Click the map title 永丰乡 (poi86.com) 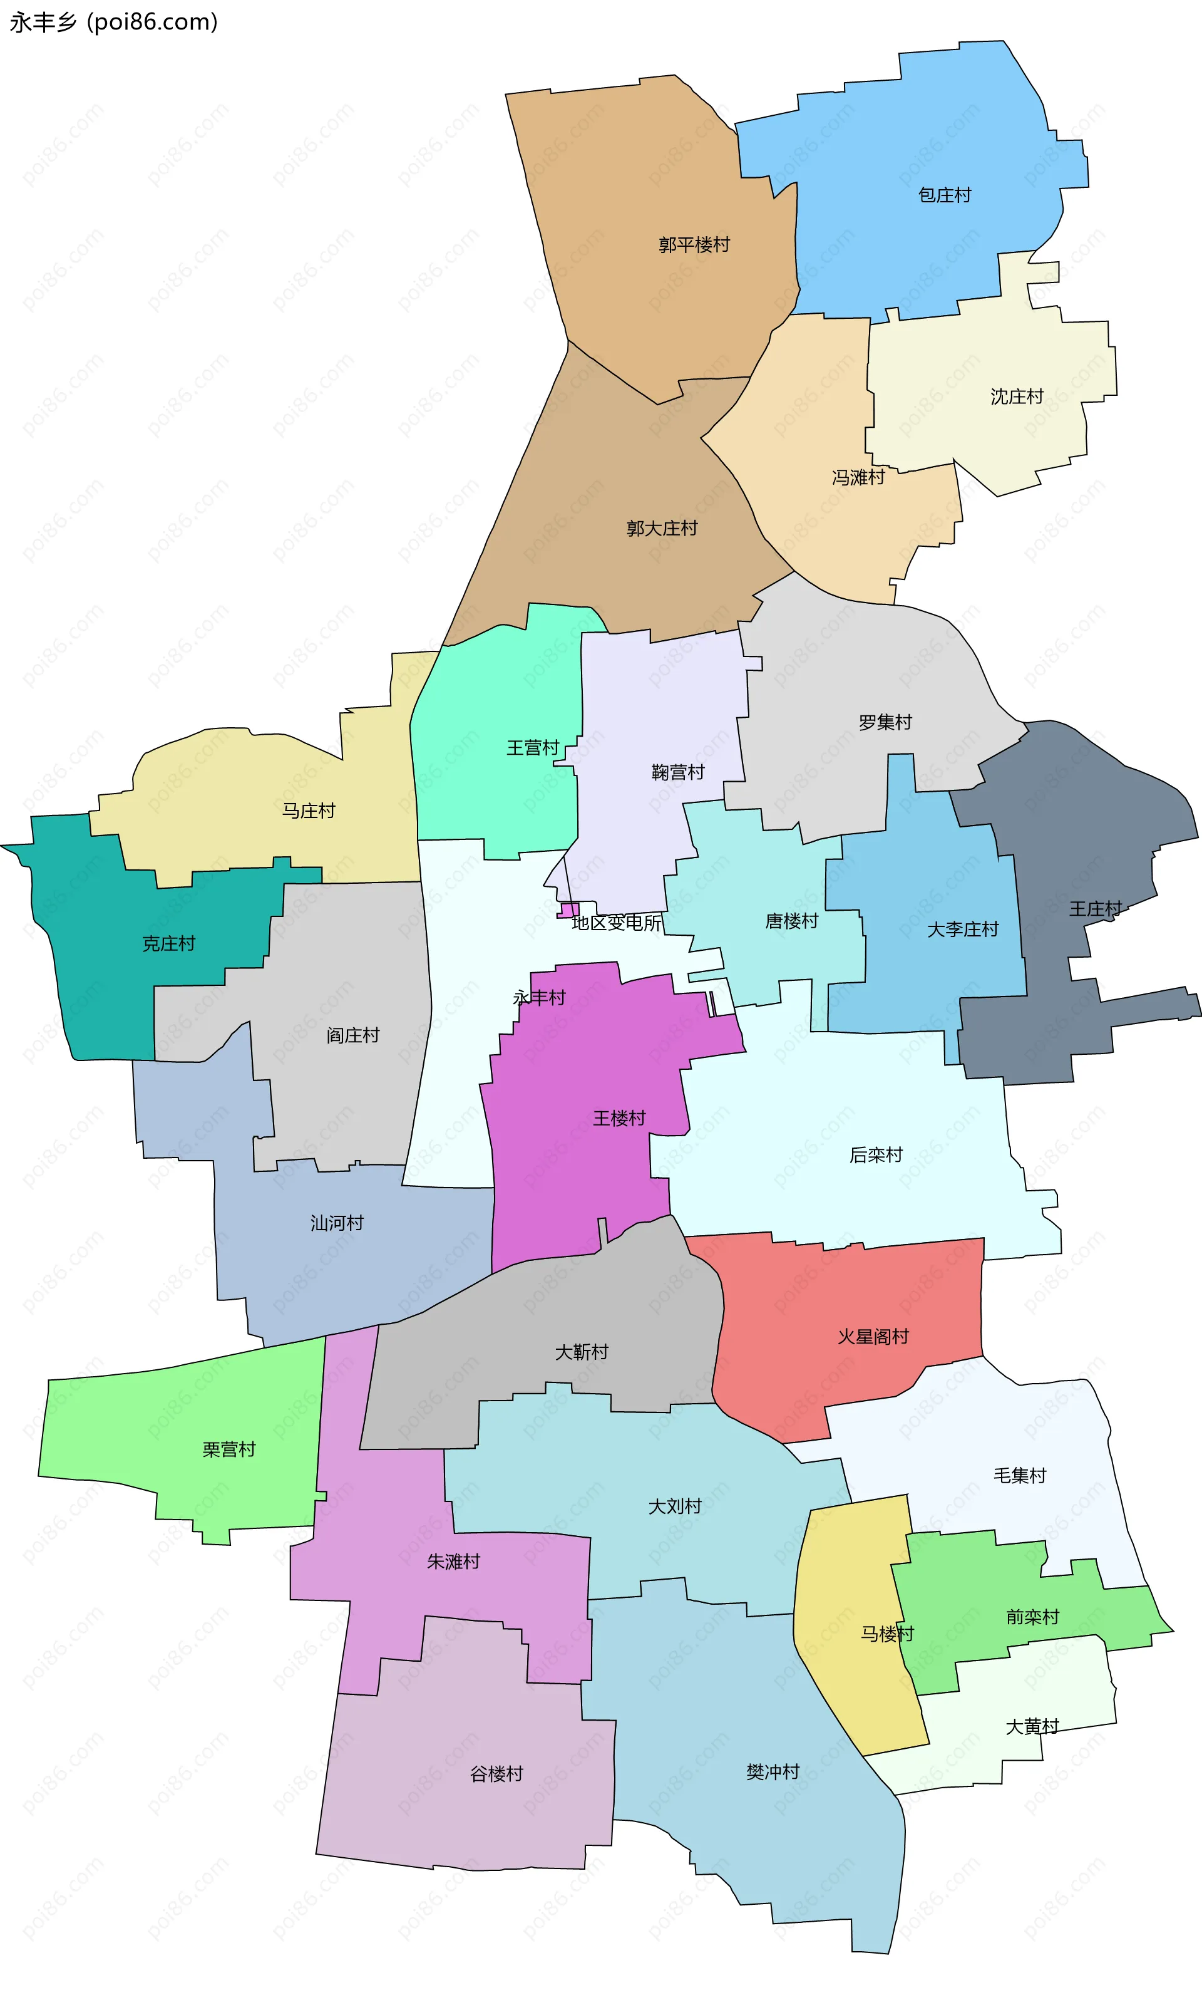pos(113,22)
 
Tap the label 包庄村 pos(944,195)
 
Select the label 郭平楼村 pos(694,244)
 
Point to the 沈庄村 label pos(1017,396)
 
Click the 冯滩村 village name pos(858,478)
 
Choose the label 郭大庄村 pos(661,529)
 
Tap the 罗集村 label pos(885,722)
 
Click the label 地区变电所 pos(616,923)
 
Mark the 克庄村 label pos(168,943)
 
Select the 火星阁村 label pos(873,1337)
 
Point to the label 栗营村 pos(229,1449)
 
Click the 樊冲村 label pos(772,1773)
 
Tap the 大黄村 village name pos(1032,1727)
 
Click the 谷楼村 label pos(496,1774)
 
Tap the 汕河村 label pos(337,1223)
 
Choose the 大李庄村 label pos(962,930)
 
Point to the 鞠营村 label pos(677,772)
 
